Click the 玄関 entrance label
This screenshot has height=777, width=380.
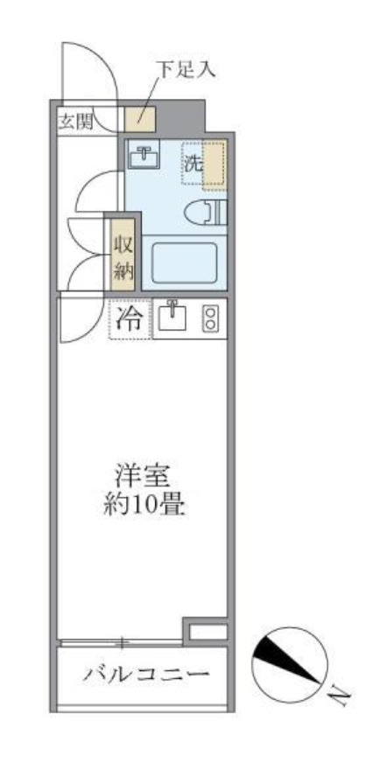pos(74,121)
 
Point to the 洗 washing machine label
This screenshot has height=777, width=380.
pos(193,162)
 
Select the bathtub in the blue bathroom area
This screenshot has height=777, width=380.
pos(184,262)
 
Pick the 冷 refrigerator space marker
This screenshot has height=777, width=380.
pos(128,319)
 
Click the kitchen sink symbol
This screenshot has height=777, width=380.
pos(174,318)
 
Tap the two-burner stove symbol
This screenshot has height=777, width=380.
pos(211,318)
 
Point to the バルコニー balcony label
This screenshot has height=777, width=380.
pos(146,675)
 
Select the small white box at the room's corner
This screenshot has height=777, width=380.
pos(208,630)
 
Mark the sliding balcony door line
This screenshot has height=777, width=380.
pos(123,643)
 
